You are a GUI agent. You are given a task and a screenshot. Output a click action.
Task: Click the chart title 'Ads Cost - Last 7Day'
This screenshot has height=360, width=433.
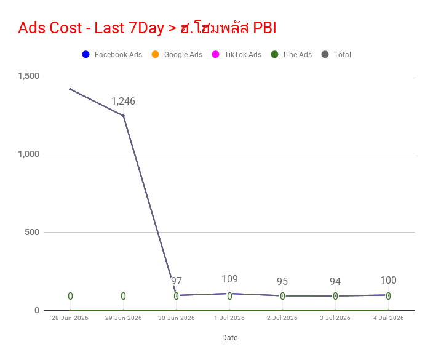click(91, 28)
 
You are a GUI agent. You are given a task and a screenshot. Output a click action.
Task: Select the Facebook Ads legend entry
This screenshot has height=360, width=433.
click(112, 54)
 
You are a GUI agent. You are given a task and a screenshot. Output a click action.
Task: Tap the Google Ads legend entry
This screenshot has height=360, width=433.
click(177, 54)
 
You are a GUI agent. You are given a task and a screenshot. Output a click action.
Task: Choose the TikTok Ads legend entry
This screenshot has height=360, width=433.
click(236, 54)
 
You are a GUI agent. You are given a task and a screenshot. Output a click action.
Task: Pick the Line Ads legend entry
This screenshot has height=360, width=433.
click(292, 54)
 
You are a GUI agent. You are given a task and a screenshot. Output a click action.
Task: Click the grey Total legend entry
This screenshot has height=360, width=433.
click(336, 54)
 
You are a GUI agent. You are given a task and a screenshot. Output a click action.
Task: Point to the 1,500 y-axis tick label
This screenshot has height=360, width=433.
click(29, 76)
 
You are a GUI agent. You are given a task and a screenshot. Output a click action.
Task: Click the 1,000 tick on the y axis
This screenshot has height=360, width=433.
click(29, 154)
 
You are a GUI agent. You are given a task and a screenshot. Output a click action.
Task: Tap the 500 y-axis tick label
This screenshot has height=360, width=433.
click(32, 232)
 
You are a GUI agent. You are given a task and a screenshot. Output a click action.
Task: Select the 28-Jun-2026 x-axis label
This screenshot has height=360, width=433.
click(70, 318)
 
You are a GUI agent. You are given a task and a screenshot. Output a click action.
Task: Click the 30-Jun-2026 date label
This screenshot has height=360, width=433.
click(176, 318)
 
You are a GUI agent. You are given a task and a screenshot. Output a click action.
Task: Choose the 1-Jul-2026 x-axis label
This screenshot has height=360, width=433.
click(229, 318)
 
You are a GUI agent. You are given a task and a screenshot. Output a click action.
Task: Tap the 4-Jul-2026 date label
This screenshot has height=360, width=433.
click(388, 318)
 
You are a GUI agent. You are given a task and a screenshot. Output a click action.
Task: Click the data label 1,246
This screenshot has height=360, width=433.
click(123, 101)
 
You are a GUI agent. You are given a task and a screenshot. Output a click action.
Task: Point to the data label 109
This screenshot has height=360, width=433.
click(229, 279)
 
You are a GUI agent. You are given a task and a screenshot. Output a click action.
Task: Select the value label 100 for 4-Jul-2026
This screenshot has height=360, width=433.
click(388, 280)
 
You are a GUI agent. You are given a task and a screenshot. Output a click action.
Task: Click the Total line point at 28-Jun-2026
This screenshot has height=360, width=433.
click(70, 89)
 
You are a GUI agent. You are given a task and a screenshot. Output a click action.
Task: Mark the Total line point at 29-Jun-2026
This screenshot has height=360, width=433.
click(123, 116)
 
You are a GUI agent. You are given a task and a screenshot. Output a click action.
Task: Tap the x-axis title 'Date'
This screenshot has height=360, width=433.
click(230, 338)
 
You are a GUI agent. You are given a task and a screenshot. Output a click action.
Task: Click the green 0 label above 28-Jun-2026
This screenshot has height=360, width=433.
click(70, 296)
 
